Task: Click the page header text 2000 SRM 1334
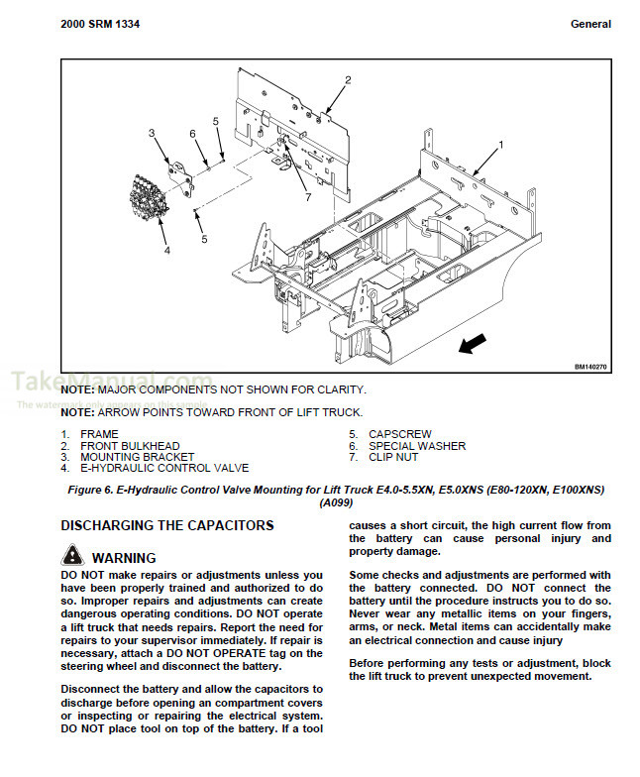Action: [x=100, y=24]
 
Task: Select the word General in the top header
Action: [x=590, y=24]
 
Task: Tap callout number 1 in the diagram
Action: [x=500, y=145]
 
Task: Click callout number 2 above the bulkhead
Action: [x=348, y=79]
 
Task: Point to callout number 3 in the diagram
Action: [x=152, y=133]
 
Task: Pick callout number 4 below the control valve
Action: [x=166, y=251]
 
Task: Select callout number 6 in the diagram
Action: [x=192, y=133]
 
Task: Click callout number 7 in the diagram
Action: [x=308, y=197]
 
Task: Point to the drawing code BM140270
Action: [x=590, y=367]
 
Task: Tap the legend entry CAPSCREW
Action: [x=399, y=434]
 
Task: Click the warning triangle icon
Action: [x=72, y=556]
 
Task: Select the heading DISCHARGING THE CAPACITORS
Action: [x=167, y=525]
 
